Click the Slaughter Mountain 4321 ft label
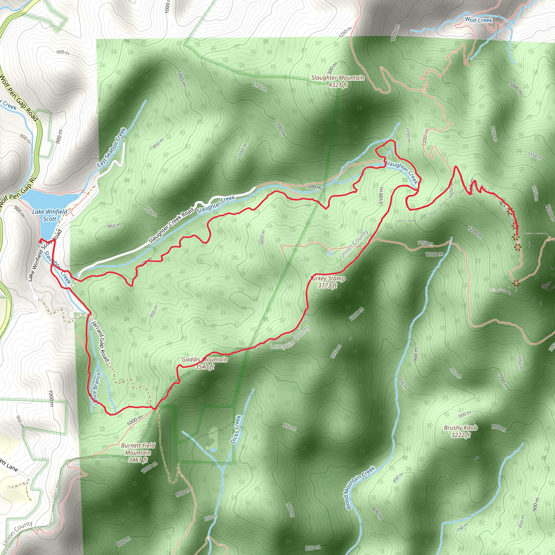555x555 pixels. pyautogui.click(x=338, y=81)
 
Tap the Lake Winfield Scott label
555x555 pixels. pyautogui.click(x=50, y=215)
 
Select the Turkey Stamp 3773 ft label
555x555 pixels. pyautogui.click(x=327, y=282)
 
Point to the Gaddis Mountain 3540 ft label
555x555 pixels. pyautogui.click(x=205, y=363)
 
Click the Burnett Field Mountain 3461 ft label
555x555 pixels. pyautogui.click(x=138, y=453)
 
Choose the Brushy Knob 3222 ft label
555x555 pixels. pyautogui.click(x=460, y=431)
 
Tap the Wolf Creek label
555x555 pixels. pyautogui.click(x=478, y=20)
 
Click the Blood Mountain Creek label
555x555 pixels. pyautogui.click(x=360, y=488)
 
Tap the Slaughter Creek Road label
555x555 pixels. pyautogui.click(x=172, y=226)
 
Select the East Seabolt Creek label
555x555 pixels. pyautogui.click(x=112, y=148)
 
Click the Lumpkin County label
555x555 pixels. pyautogui.click(x=290, y=338)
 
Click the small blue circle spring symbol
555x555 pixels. pyautogui.click(x=330, y=253)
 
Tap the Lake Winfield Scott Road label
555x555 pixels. pyautogui.click(x=45, y=255)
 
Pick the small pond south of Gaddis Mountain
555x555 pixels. pyautogui.click(x=213, y=449)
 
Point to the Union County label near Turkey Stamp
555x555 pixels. pyautogui.click(x=354, y=244)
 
